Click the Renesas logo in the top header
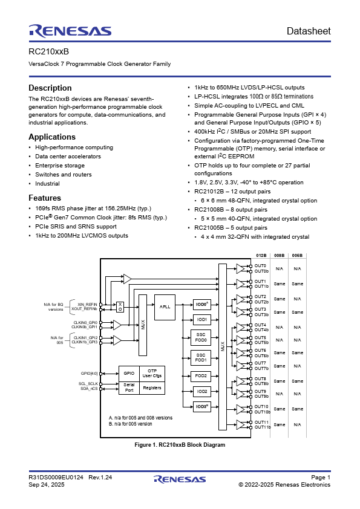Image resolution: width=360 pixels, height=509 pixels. [x=70, y=31]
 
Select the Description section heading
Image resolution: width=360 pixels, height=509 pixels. [x=50, y=88]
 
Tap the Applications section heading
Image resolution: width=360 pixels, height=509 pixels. [x=52, y=137]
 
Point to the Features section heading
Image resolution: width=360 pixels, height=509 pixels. [x=45, y=198]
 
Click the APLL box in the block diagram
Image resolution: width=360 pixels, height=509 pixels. [x=165, y=306]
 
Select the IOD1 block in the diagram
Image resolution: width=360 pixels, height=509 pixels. [x=202, y=319]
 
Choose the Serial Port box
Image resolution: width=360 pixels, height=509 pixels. [x=129, y=388]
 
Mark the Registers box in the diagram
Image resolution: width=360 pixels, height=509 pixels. [x=152, y=388]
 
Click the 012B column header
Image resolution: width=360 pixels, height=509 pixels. [x=261, y=256]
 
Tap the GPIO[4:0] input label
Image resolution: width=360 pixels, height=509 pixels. [x=89, y=373]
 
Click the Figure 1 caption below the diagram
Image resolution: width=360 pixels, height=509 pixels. [x=179, y=445]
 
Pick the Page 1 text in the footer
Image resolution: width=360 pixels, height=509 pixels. [x=321, y=478]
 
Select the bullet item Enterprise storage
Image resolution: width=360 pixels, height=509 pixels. [x=60, y=165]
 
